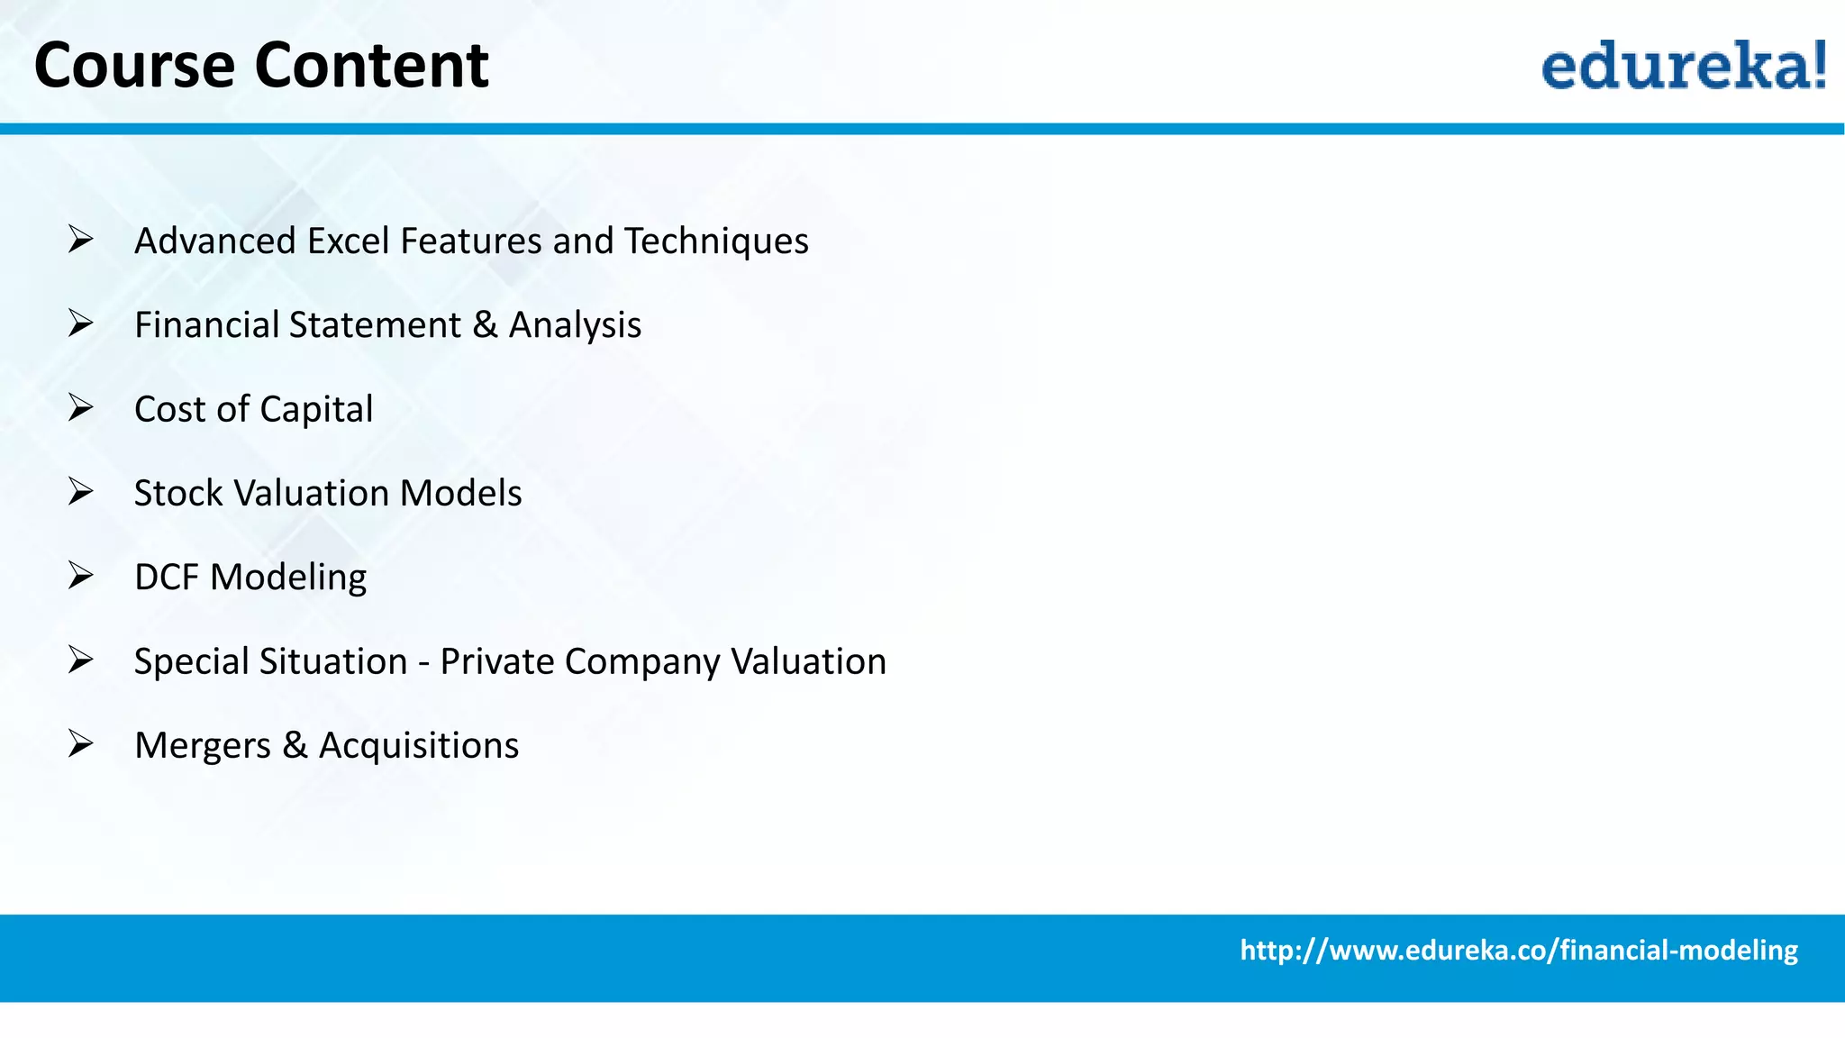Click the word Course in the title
134,66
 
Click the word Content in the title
371,66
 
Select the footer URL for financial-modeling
1518,951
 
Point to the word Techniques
716,241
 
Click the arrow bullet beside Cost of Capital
80,408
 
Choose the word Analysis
575,325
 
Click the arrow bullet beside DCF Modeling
80,576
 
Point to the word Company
642,662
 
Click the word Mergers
203,746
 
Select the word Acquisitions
419,746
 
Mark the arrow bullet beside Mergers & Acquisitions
80,744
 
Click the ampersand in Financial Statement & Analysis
485,325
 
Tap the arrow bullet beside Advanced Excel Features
80,240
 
